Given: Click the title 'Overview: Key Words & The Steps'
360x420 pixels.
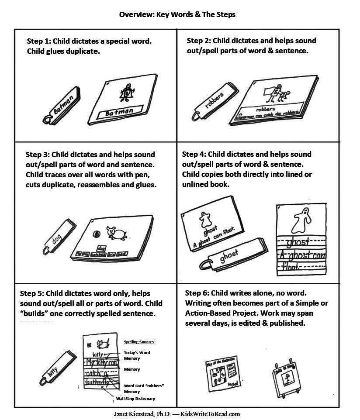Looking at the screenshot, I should click(177, 14).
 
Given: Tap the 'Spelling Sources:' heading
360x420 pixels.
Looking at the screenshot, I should click(140, 342).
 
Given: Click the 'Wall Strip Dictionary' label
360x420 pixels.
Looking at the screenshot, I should click(135, 399).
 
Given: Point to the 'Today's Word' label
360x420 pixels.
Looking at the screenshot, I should click(137, 352).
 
